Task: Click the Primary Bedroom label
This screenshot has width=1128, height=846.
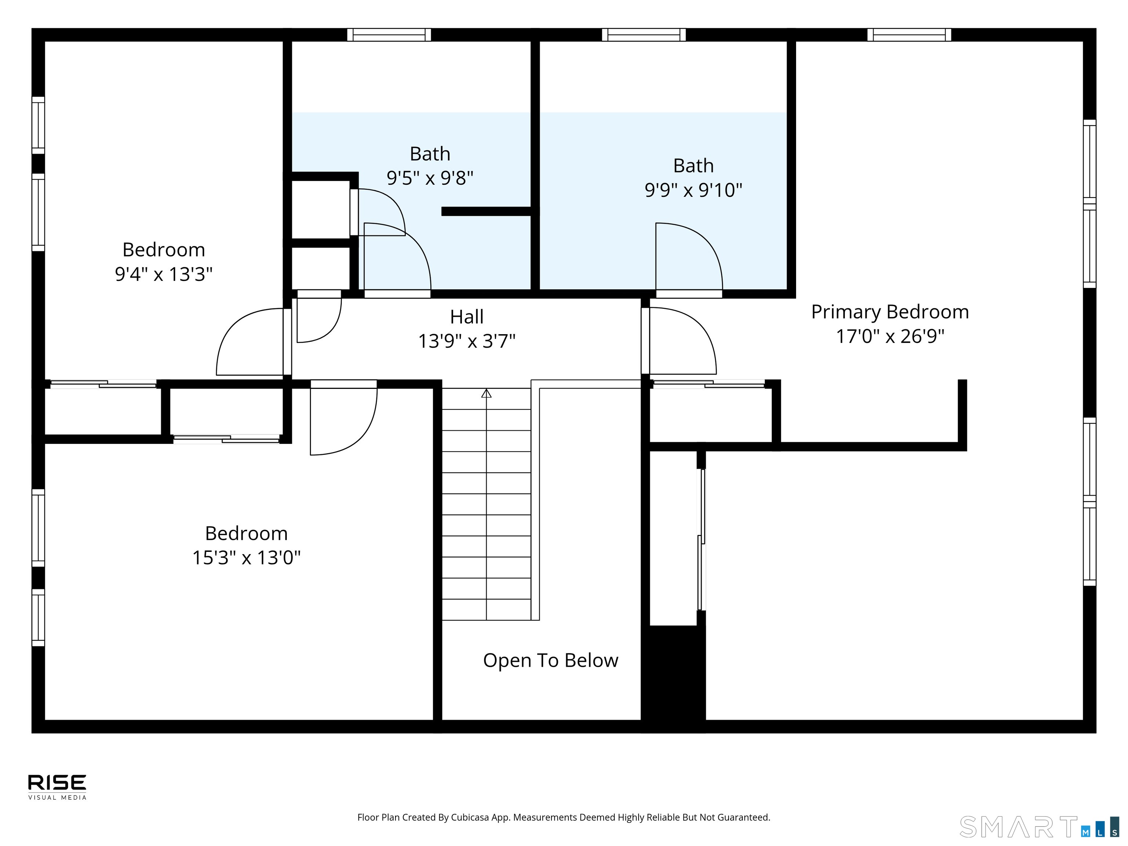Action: tap(890, 312)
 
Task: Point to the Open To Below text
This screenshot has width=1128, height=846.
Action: tap(551, 660)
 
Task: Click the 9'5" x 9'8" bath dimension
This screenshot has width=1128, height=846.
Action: tap(430, 178)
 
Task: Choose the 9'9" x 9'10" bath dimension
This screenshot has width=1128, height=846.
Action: tap(694, 190)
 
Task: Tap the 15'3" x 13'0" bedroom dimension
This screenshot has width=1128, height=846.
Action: tap(246, 557)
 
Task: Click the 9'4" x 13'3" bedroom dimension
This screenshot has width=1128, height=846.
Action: tap(164, 274)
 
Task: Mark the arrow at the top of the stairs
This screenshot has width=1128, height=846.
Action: tap(487, 393)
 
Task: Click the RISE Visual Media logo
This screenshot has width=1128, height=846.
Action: tap(57, 787)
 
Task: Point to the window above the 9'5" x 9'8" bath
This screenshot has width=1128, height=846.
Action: tap(389, 35)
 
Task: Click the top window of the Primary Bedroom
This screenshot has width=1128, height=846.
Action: tap(909, 35)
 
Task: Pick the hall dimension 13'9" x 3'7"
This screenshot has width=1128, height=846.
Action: tap(467, 341)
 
